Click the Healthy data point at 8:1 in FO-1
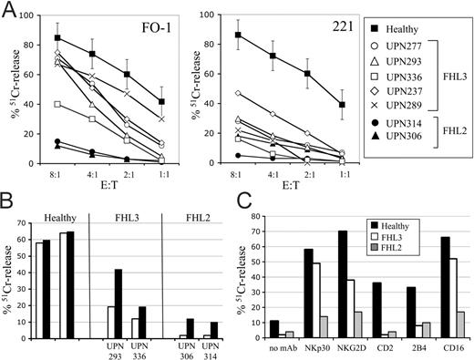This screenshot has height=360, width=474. coord(57,38)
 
